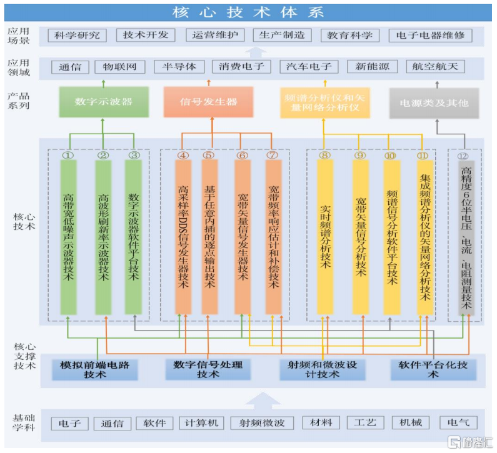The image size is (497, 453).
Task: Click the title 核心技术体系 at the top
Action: coord(248,12)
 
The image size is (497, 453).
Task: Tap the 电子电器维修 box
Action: coord(430,36)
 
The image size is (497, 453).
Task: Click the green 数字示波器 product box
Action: coord(103,102)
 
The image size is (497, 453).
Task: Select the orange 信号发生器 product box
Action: coord(208,102)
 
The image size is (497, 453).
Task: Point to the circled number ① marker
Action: coord(68,155)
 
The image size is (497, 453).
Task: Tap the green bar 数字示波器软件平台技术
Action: coord(134,236)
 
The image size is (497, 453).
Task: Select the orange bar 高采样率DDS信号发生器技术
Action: coord(183,236)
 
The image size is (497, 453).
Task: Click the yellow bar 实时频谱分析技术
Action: coord(325,236)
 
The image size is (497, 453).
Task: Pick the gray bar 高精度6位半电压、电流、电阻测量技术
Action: coord(466,236)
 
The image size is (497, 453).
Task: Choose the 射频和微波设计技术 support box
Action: coord(322,369)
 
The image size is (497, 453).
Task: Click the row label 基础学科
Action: coord(24,422)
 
